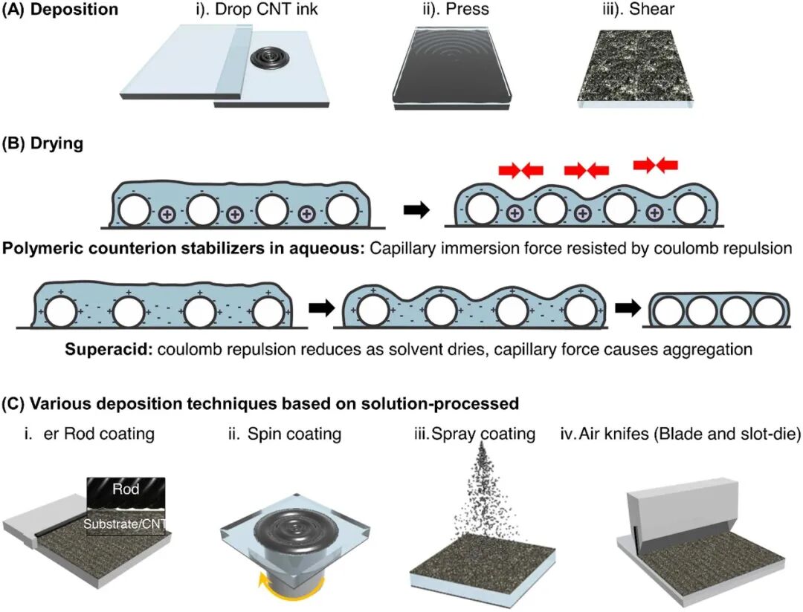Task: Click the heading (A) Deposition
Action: point(60,10)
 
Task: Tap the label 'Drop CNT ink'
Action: point(266,10)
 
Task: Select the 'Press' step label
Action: point(468,9)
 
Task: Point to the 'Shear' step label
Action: point(652,9)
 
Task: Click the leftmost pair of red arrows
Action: point(520,170)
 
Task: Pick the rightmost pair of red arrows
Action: point(656,164)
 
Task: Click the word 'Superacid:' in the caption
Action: point(109,350)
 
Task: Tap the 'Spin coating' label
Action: point(294,434)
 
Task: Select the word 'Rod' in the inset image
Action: point(126,489)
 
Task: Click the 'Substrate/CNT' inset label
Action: point(124,524)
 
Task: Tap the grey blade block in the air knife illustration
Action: point(682,506)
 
